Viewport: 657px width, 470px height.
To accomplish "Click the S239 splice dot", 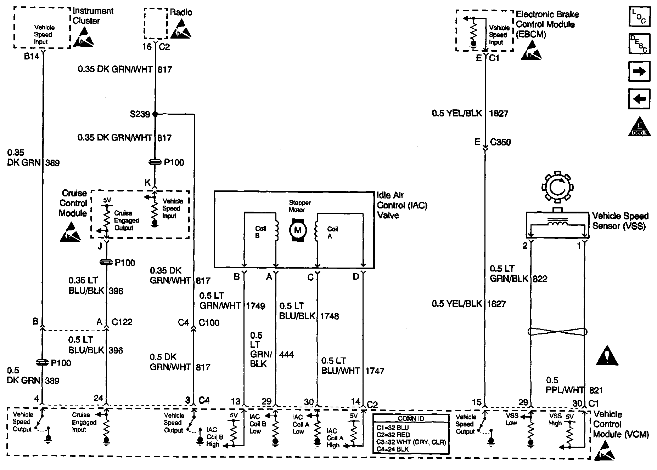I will [155, 114].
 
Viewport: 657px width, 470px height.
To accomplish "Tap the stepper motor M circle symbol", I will [298, 230].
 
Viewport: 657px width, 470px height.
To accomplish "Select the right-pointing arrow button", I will [639, 72].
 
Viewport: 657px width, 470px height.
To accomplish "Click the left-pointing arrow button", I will [639, 99].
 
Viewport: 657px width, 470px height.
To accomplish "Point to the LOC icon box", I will [639, 16].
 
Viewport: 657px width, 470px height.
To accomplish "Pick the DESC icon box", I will [639, 44].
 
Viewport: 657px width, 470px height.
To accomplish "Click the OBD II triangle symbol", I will [639, 127].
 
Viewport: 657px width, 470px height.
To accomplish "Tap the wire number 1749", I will [255, 306].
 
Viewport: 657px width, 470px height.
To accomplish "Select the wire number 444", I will [286, 354].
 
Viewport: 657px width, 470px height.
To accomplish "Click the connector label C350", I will [500, 142].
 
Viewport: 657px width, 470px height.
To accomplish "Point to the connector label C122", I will [122, 322].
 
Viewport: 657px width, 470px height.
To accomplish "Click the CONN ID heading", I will [411, 418].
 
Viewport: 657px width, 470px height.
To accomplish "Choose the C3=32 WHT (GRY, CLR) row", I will [411, 442].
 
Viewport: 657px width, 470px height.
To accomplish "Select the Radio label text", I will [181, 12].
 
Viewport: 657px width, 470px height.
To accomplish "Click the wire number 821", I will [596, 390].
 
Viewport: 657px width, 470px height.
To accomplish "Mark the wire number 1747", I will [375, 371].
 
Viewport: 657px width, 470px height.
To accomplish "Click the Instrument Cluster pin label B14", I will [32, 56].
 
